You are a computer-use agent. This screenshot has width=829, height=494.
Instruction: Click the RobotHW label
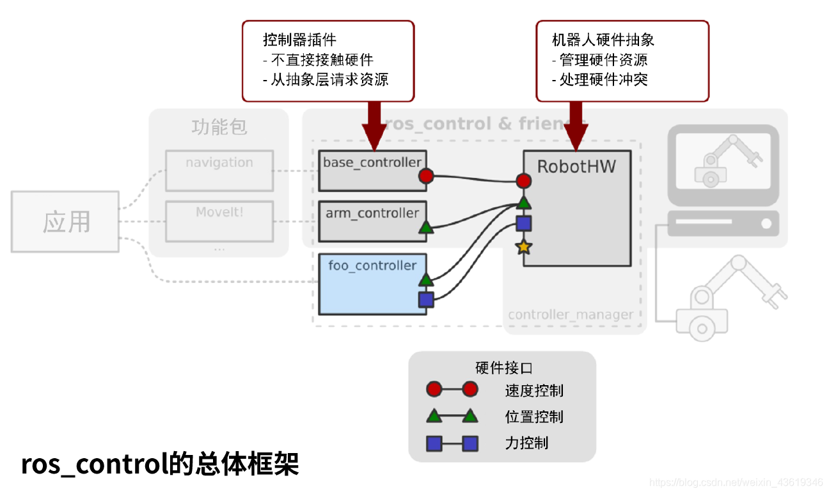tap(576, 167)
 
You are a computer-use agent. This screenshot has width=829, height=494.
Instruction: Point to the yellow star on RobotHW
tap(523, 246)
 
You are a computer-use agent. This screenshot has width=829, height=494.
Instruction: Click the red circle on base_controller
tap(426, 177)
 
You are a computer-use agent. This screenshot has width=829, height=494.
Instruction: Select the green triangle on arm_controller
tap(426, 227)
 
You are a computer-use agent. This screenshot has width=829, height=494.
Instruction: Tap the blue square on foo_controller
tap(426, 299)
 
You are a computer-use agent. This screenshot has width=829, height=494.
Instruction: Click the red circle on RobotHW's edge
tap(523, 181)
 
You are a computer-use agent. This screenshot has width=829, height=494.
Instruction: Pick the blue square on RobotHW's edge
tap(523, 223)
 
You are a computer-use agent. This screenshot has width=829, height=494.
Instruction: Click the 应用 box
tap(65, 221)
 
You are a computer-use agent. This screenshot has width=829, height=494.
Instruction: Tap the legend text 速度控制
tap(534, 390)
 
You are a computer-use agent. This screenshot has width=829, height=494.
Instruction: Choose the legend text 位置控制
tap(534, 417)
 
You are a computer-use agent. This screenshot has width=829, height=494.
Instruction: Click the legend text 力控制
tap(526, 443)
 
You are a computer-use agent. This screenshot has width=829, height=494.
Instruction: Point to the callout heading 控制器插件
tap(300, 40)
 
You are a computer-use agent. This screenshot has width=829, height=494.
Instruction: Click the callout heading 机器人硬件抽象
tap(603, 40)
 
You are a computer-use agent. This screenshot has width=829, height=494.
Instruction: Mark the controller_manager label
tap(571, 315)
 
